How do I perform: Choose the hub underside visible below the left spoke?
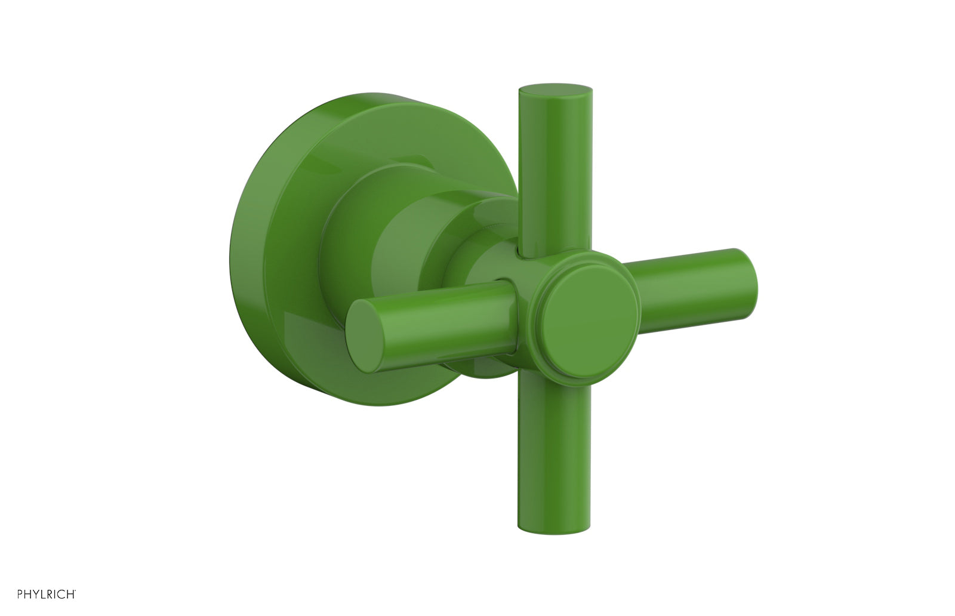(x=486, y=367)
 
